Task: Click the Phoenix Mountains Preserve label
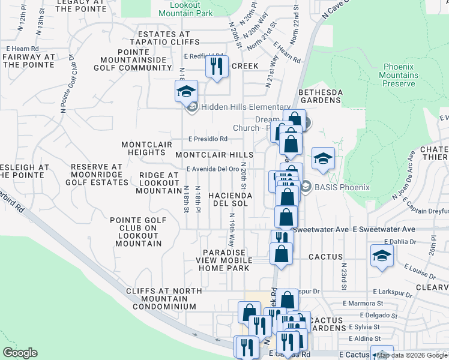400,75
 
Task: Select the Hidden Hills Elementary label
246,107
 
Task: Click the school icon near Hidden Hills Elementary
186,91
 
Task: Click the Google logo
20,352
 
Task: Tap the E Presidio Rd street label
207,139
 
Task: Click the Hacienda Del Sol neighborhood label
228,200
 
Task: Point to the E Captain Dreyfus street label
420,211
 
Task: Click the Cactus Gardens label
327,325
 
